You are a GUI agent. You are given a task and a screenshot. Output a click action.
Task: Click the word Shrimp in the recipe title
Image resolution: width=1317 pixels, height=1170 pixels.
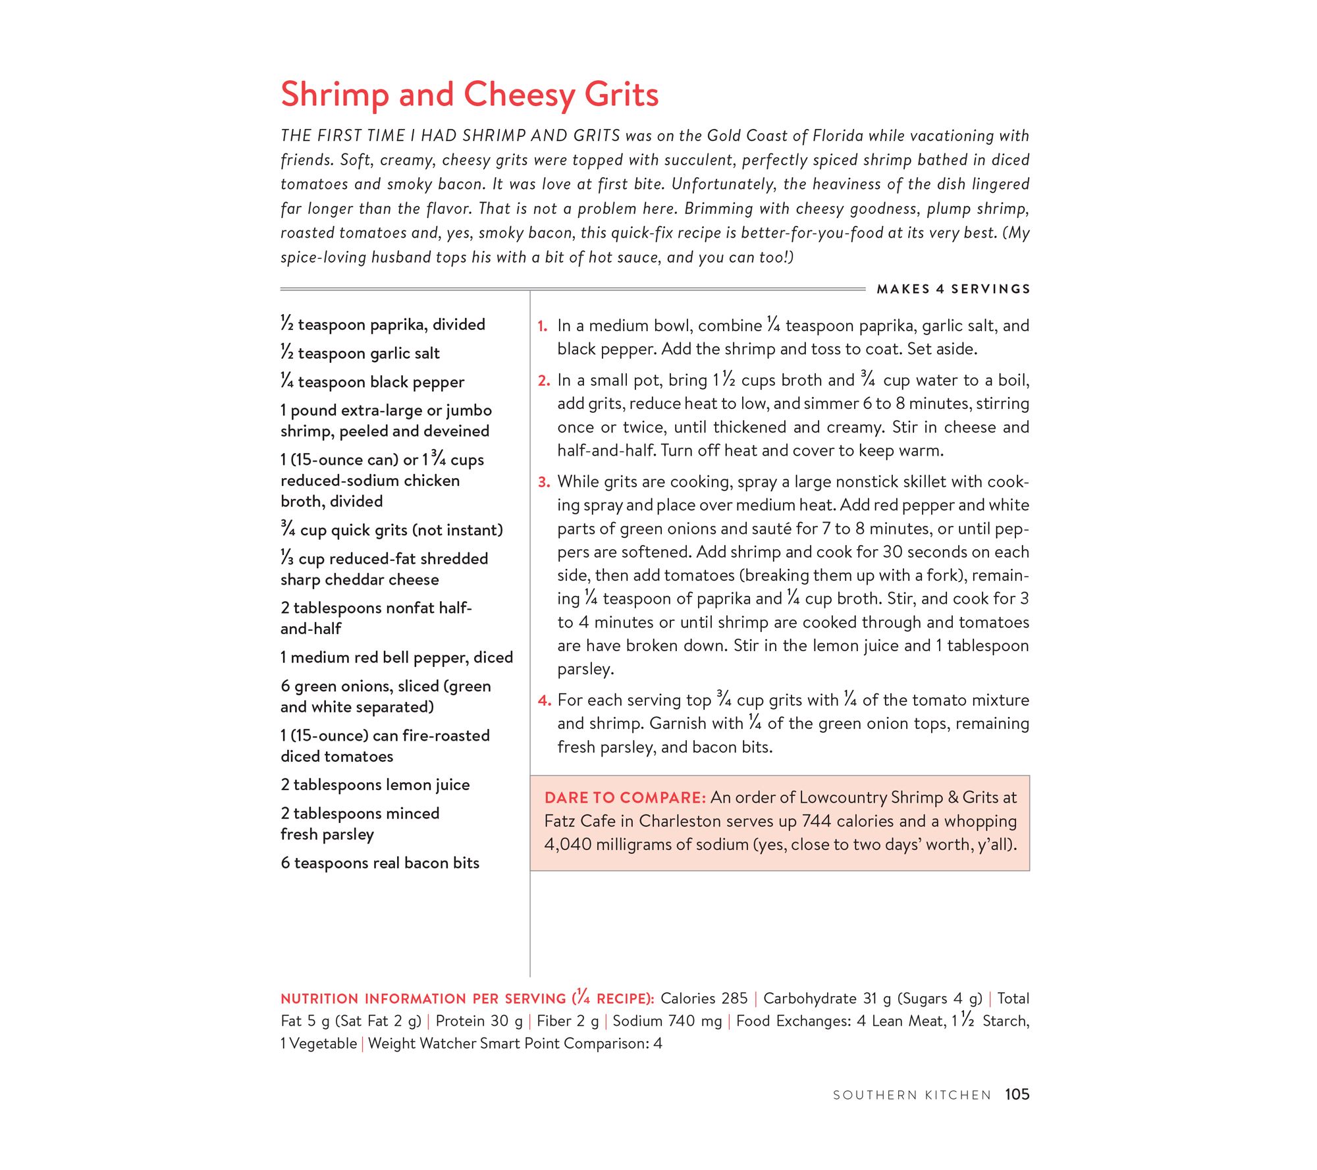pyautogui.click(x=335, y=95)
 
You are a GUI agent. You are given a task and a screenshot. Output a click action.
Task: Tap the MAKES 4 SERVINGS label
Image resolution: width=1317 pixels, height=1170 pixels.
pyautogui.click(x=953, y=289)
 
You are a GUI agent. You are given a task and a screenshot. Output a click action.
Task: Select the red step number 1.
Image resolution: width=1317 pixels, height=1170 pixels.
pyautogui.click(x=543, y=327)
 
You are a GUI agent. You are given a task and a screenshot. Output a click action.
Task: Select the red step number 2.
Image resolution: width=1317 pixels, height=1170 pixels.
pyautogui.click(x=543, y=381)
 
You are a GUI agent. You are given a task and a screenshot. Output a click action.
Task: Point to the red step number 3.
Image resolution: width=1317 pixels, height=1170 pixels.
pyautogui.click(x=543, y=483)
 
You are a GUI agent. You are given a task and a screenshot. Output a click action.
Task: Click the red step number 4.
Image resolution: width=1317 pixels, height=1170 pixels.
pyautogui.click(x=544, y=701)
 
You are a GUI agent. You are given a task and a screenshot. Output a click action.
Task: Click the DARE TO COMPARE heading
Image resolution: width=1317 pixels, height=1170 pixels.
pyautogui.click(x=625, y=798)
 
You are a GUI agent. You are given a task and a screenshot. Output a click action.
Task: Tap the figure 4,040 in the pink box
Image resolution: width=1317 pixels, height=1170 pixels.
pyautogui.click(x=568, y=845)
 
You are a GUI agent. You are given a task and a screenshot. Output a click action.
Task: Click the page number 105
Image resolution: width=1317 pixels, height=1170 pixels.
pyautogui.click(x=1017, y=1094)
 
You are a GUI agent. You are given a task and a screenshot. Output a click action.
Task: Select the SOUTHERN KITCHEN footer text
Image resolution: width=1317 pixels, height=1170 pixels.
pyautogui.click(x=911, y=1095)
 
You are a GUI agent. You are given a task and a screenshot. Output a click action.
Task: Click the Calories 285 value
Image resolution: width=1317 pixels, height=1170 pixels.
pyautogui.click(x=704, y=999)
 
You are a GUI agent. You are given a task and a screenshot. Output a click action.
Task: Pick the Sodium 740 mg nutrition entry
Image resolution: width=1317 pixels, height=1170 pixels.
pyautogui.click(x=667, y=1021)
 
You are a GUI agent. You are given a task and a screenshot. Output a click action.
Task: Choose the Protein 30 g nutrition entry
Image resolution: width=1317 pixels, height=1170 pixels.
pyautogui.click(x=479, y=1021)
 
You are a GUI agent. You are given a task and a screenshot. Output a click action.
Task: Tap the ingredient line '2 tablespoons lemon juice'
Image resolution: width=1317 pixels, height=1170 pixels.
pyautogui.click(x=375, y=785)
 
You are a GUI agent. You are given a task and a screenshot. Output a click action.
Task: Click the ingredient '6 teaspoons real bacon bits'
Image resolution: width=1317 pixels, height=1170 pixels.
pyautogui.click(x=380, y=863)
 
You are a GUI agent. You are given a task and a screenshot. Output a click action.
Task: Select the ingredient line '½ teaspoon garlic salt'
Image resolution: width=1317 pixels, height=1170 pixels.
pyautogui.click(x=360, y=354)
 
